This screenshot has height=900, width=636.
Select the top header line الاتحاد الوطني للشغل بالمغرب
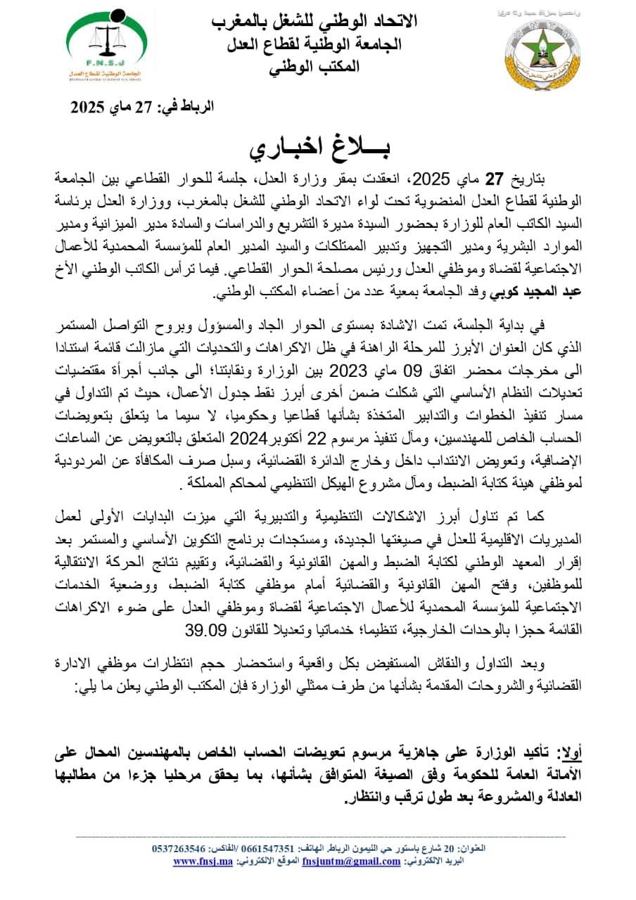[x=314, y=21]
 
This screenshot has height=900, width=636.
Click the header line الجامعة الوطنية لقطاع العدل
[x=314, y=44]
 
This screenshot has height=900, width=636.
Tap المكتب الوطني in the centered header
[x=314, y=67]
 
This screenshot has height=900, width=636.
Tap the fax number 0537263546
[x=179, y=849]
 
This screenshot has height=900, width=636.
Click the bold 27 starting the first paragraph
[x=517, y=178]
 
